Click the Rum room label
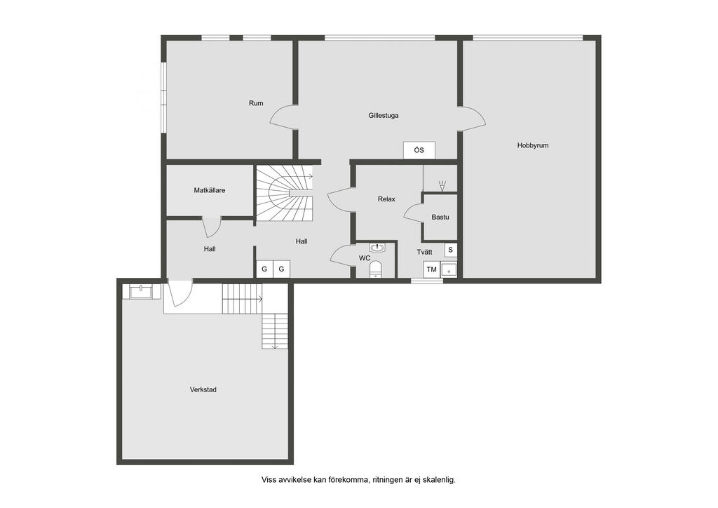[256, 103]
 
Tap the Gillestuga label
[384, 115]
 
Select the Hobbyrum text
[532, 145]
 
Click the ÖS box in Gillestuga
[419, 150]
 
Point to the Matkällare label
[210, 190]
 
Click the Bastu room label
[440, 217]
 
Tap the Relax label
[386, 199]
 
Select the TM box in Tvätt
[431, 269]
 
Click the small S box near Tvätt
[450, 250]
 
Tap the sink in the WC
[377, 247]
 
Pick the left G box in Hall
[264, 269]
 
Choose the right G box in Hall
[282, 269]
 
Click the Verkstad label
[203, 389]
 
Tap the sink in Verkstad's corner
[142, 290]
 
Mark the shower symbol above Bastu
[442, 186]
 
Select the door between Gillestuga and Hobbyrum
[472, 119]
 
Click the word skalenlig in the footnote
[438, 480]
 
